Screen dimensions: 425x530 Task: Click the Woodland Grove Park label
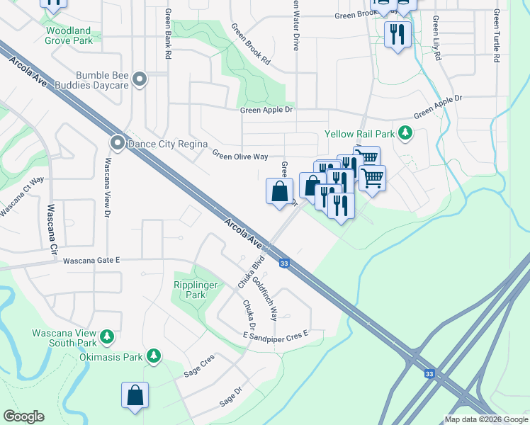coord(69,35)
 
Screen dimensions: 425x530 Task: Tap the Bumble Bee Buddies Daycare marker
coord(139,80)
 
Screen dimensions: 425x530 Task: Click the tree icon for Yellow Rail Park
coord(405,132)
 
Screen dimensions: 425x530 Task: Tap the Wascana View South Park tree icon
coord(107,335)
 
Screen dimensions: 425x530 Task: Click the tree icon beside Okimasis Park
coord(153,356)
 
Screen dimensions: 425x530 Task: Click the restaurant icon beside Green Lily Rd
coord(397,33)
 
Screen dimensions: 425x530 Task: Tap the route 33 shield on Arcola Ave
coord(284,263)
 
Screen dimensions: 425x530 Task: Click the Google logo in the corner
coord(23,416)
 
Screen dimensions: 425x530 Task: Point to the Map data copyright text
coord(485,419)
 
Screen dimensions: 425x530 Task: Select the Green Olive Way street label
coord(239,155)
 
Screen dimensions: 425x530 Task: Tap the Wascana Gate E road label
coord(91,260)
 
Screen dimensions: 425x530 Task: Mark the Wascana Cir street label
coord(52,231)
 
